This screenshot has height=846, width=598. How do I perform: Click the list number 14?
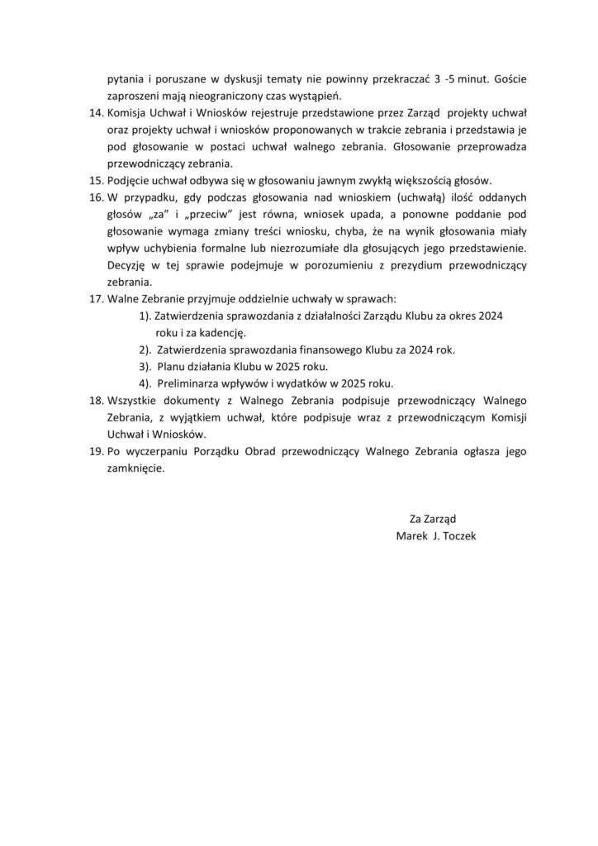[x=96, y=112]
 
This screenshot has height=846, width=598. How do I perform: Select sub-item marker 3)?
[x=145, y=366]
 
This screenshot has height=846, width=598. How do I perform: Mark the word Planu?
[x=171, y=366]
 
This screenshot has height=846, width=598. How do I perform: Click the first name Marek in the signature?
[x=412, y=535]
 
